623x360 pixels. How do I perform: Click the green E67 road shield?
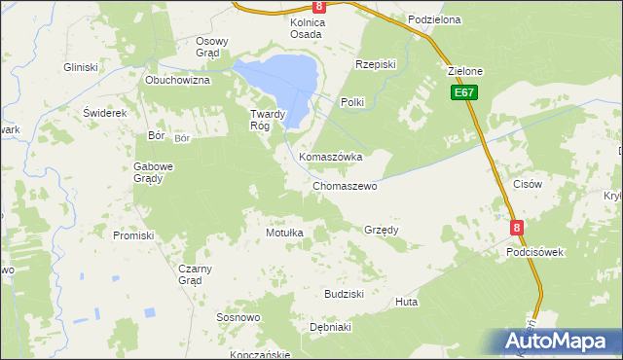point(463,92)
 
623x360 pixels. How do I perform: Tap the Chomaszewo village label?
point(345,186)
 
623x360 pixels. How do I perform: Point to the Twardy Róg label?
point(267,119)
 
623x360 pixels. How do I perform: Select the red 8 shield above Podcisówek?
point(518,227)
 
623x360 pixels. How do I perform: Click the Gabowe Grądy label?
point(153,172)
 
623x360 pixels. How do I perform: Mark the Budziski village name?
point(344,293)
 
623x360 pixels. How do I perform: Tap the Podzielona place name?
point(434,19)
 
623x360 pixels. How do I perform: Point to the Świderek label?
point(105,113)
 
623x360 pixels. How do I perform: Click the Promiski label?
point(133,235)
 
